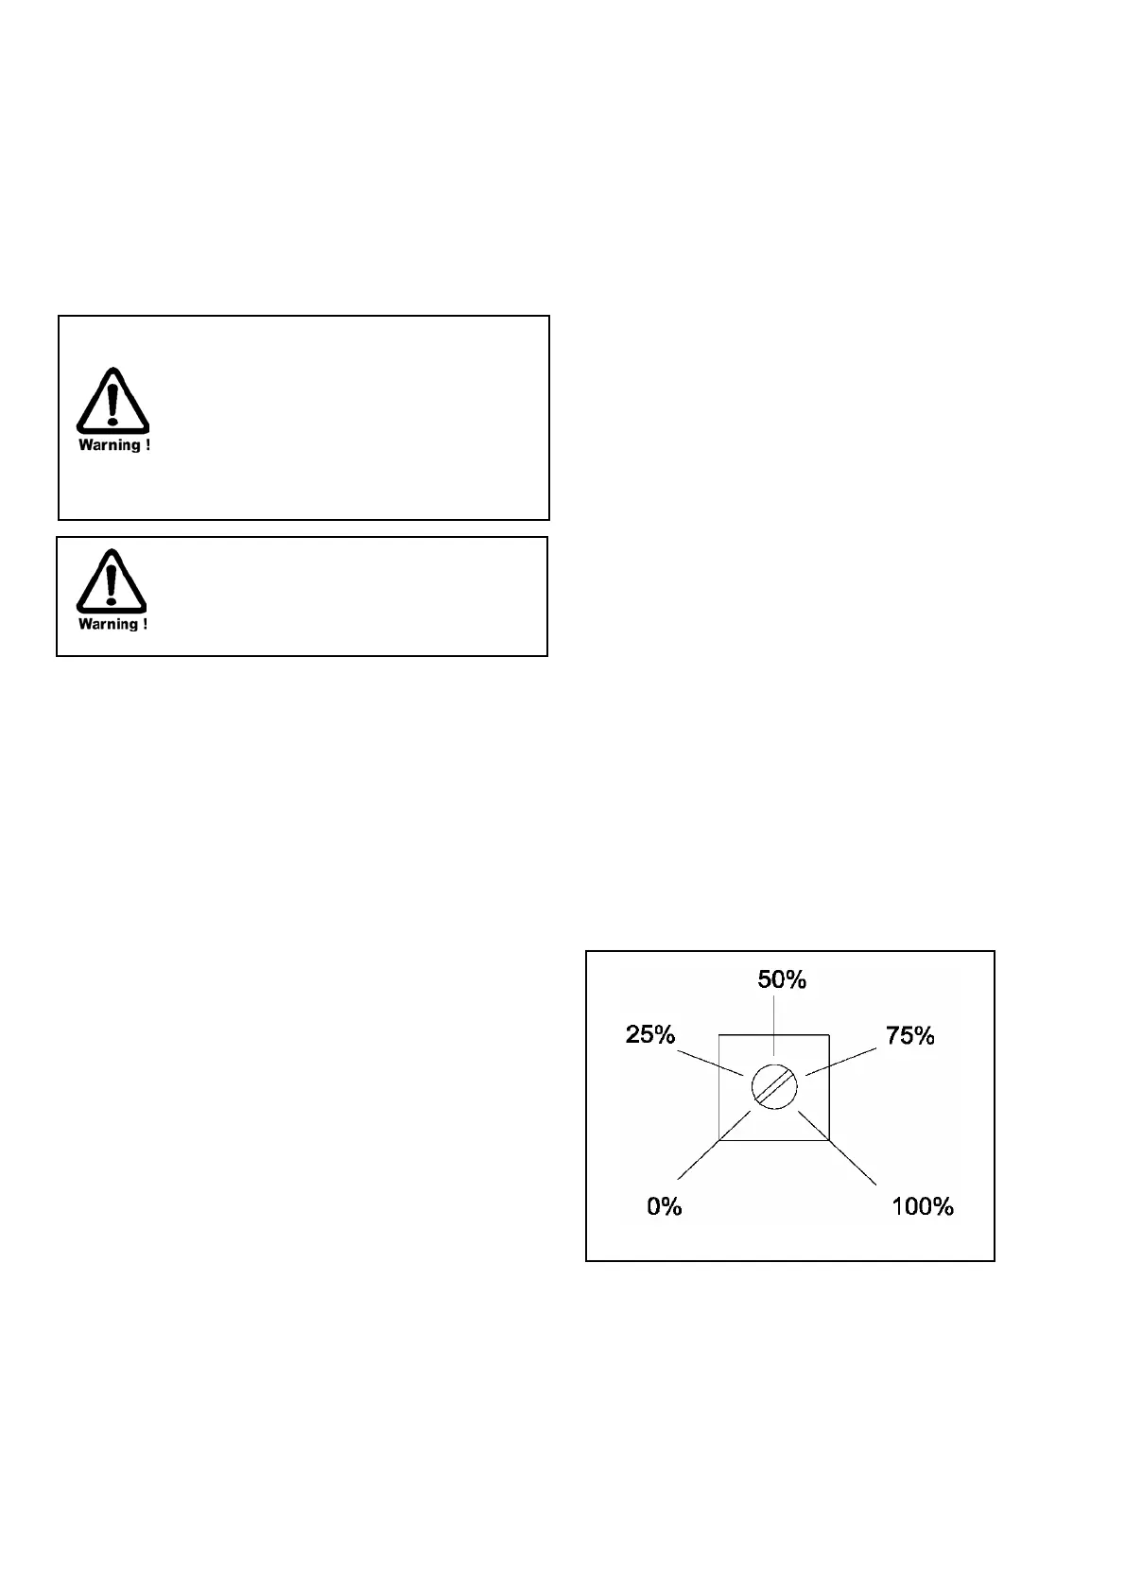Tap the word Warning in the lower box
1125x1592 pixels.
pyautogui.click(x=108, y=624)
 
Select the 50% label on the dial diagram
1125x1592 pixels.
pyautogui.click(x=782, y=980)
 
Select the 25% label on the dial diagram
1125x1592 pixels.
pyautogui.click(x=650, y=1035)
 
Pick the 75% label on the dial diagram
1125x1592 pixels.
pyautogui.click(x=909, y=1036)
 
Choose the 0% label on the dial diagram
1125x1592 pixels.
pyautogui.click(x=664, y=1206)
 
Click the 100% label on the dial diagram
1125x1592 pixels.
pyautogui.click(x=923, y=1206)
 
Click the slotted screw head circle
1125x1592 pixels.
pyautogui.click(x=775, y=1087)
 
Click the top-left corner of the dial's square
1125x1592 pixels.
pyautogui.click(x=720, y=1035)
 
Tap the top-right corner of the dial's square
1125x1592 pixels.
pyautogui.click(x=829, y=1035)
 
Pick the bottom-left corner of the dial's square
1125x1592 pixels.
pyautogui.click(x=720, y=1140)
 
